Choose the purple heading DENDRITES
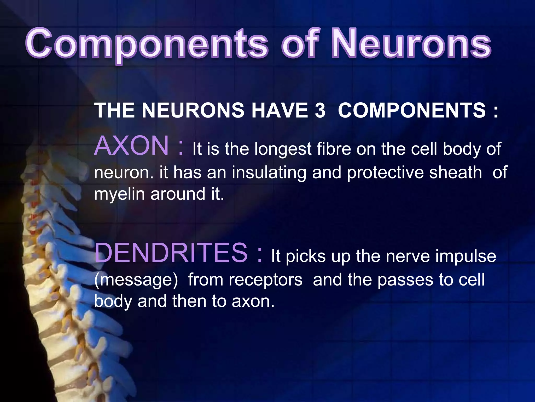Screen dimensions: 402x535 (x=171, y=253)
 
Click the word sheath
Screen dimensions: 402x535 (x=456, y=172)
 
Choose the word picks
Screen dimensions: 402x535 (x=306, y=256)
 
